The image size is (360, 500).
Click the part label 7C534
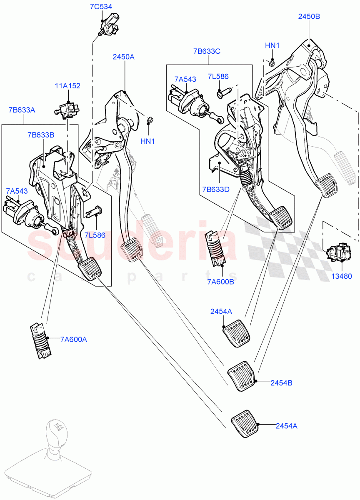point(101,7)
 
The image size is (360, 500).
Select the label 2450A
point(123,57)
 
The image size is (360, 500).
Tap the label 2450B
point(309,17)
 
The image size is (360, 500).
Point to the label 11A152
point(67,86)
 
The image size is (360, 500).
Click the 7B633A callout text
point(22,110)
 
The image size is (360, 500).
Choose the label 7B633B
point(41,135)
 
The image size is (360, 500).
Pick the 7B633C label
point(207,51)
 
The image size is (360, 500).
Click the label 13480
point(342,276)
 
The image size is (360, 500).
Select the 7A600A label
point(73,340)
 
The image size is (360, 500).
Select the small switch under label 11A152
point(65,110)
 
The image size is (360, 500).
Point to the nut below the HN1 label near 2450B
point(272,62)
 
